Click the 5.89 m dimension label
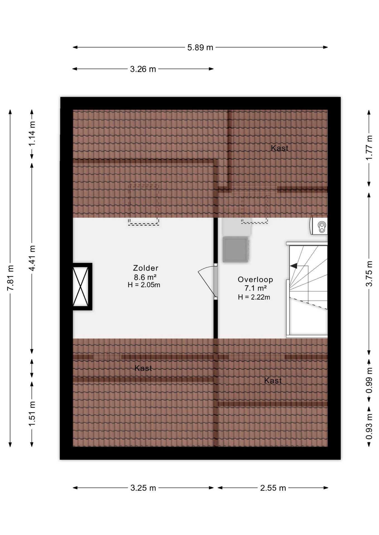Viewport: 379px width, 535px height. (x=200, y=48)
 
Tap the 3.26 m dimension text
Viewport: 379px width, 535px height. (x=143, y=69)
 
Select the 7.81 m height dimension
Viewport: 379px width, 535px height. (x=10, y=278)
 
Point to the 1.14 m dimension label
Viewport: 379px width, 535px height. (x=32, y=133)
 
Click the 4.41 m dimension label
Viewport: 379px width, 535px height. (x=32, y=258)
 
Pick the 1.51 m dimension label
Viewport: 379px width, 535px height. (x=32, y=414)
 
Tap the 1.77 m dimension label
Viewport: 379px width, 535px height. (x=369, y=148)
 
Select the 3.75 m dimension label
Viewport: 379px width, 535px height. (x=369, y=274)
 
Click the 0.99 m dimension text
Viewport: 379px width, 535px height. (x=369, y=380)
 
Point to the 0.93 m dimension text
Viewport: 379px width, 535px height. (x=369, y=427)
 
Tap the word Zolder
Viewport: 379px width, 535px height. (x=146, y=268)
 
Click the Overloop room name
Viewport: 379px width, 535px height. (x=255, y=279)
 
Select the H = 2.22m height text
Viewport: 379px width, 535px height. (x=254, y=297)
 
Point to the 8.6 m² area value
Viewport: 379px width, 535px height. (x=145, y=277)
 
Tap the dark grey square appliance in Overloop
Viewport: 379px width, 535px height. (x=236, y=249)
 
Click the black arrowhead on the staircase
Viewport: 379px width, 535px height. (x=294, y=266)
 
